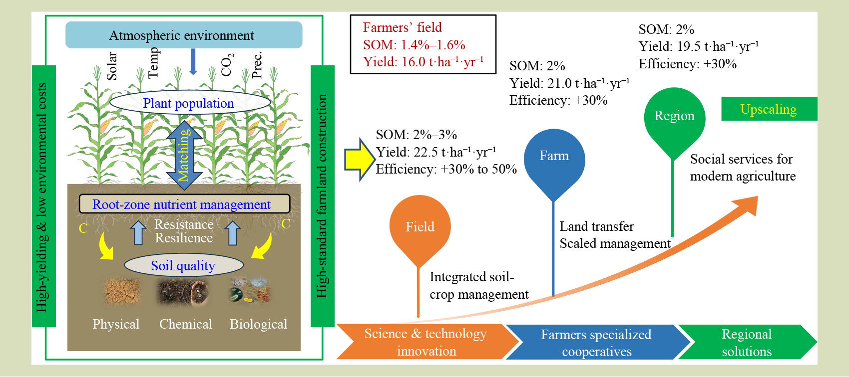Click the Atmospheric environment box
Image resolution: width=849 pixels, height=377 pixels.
[x=183, y=35]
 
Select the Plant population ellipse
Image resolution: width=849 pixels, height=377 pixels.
[x=189, y=103]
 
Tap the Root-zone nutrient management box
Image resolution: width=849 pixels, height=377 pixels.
[x=184, y=204]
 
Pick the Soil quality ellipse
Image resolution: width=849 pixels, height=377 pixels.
[x=183, y=265]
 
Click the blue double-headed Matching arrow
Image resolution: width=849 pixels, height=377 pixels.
[x=184, y=155]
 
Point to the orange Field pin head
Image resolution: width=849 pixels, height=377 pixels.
[x=420, y=227]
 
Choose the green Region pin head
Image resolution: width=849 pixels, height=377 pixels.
[x=674, y=117]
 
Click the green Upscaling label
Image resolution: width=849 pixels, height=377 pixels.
[x=769, y=109]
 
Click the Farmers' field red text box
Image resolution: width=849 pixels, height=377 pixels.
[x=423, y=44]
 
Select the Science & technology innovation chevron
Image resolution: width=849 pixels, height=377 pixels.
[x=425, y=342]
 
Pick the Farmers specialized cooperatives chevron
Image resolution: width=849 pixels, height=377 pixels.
[x=596, y=343]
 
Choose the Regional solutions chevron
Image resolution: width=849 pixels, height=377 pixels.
[x=746, y=343]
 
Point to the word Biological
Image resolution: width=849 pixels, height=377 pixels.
[x=258, y=324]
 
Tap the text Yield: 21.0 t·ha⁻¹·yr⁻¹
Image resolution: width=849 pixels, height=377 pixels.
[x=569, y=83]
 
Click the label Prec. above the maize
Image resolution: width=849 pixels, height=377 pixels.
[x=257, y=65]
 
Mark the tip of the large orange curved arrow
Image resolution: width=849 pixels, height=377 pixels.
[x=756, y=198]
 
